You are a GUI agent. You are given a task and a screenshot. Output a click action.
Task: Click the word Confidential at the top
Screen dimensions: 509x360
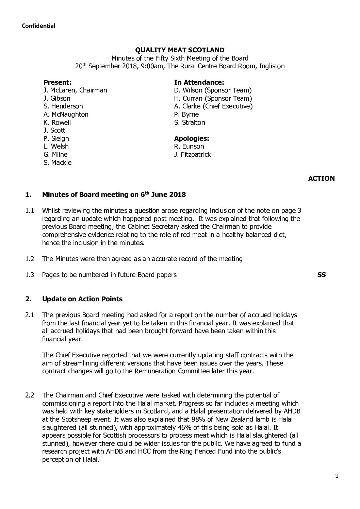38,26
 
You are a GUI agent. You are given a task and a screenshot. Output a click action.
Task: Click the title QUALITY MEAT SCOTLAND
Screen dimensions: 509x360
180,50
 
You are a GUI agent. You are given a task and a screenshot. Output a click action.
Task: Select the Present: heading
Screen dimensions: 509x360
58,82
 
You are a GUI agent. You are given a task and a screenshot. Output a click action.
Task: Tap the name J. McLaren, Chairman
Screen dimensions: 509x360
75,90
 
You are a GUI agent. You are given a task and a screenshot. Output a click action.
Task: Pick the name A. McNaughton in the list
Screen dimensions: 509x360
66,115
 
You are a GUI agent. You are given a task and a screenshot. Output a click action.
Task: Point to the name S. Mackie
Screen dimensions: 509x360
58,163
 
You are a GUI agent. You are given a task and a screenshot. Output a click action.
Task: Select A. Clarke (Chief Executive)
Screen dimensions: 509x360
213,106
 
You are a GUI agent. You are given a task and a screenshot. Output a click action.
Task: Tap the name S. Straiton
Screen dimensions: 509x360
190,122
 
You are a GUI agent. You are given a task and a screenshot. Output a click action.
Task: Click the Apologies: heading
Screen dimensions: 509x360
192,138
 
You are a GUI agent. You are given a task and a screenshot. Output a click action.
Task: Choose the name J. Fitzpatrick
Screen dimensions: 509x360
192,154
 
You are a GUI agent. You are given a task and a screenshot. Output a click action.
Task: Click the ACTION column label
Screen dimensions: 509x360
321,179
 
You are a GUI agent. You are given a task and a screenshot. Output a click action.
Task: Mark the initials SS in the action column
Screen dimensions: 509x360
321,275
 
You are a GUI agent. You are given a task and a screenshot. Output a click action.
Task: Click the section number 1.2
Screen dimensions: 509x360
30,259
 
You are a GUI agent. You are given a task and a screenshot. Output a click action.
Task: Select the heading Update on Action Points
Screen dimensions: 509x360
82,299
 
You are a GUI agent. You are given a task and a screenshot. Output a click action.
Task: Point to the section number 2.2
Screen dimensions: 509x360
30,395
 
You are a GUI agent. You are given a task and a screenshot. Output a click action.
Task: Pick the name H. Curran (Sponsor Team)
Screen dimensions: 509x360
213,99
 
